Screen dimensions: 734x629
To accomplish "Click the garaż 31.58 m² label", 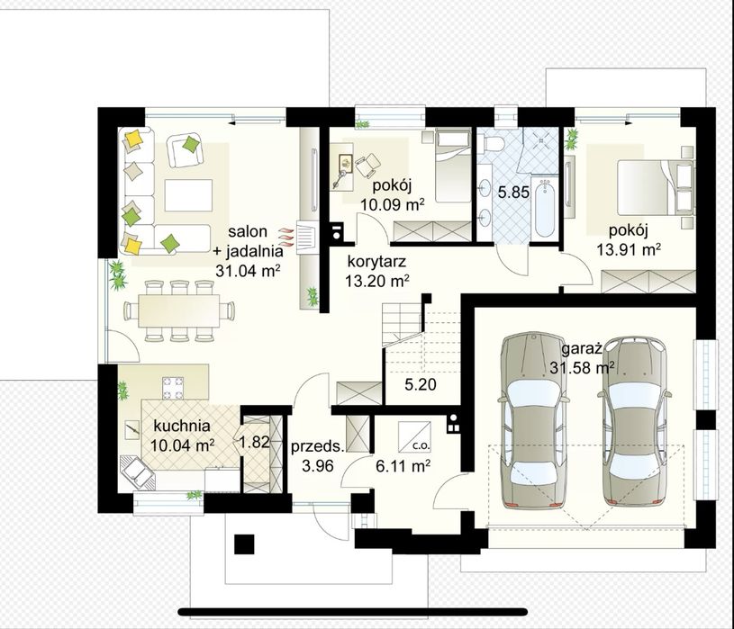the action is [x=582, y=359].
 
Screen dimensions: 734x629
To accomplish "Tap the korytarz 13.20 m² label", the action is [x=377, y=271].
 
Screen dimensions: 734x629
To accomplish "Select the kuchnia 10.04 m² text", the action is [x=182, y=436].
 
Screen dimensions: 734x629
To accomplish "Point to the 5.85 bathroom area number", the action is [x=513, y=192].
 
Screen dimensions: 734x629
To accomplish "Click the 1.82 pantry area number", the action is [x=255, y=442].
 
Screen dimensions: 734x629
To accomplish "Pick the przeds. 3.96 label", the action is [x=318, y=456].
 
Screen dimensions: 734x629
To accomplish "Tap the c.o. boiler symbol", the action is [x=414, y=436].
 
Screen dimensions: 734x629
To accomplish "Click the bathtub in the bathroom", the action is [x=546, y=209].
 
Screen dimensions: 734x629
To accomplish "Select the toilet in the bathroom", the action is [x=493, y=142].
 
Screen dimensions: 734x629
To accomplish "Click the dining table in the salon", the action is [x=179, y=310].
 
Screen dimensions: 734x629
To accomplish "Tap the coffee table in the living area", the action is [x=188, y=195].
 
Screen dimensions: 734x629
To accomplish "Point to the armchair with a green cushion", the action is [x=185, y=149].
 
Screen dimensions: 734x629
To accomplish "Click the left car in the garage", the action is [x=533, y=420].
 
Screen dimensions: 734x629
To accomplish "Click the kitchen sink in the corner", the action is [x=137, y=472].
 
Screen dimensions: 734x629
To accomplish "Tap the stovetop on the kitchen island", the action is [x=173, y=388].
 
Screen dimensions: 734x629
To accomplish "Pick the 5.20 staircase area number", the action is [x=421, y=384].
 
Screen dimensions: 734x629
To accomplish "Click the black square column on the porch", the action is [x=244, y=544].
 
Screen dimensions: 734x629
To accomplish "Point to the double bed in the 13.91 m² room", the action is [x=656, y=187].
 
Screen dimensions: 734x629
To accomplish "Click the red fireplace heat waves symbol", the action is [x=285, y=237].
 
